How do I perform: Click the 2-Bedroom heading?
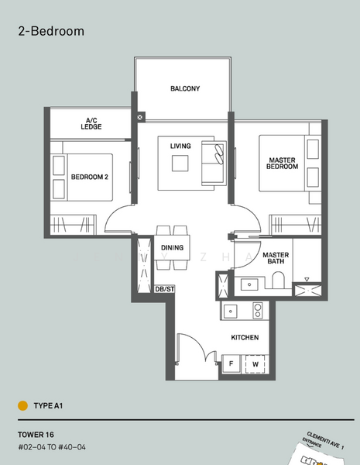click(50, 32)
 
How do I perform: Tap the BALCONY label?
click(185, 89)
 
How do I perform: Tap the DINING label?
click(172, 248)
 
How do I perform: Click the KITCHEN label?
click(245, 338)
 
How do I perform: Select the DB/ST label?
click(164, 289)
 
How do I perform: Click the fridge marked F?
click(231, 363)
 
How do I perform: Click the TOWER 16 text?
click(37, 434)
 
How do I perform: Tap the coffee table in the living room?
click(180, 164)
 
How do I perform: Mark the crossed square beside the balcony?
click(139, 117)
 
